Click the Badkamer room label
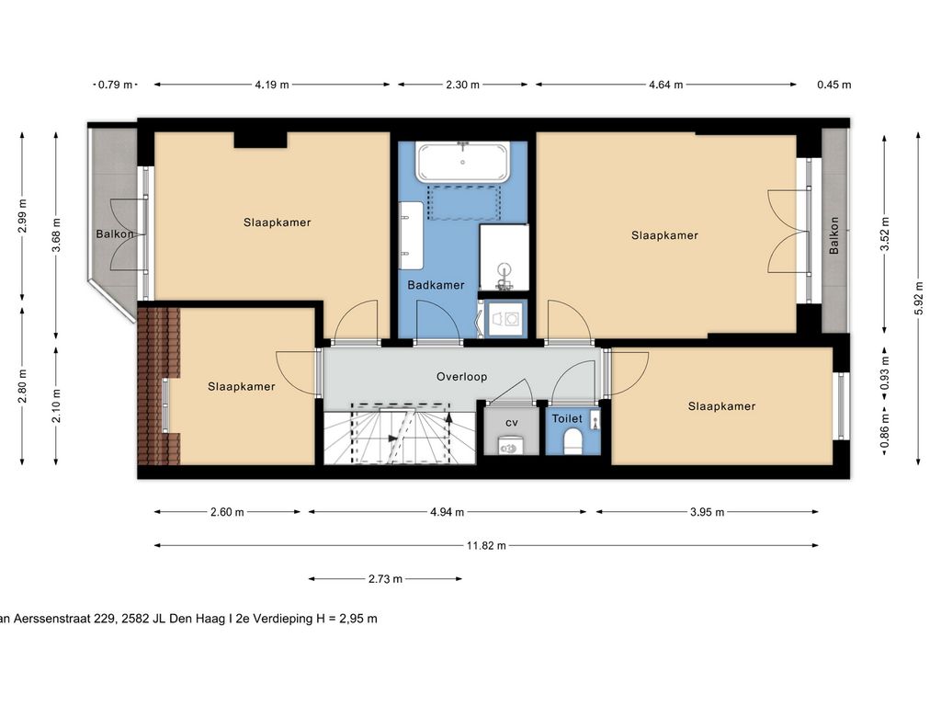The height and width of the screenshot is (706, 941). click(436, 285)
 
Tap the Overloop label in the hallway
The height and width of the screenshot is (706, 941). click(461, 377)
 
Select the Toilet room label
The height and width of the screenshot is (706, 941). click(567, 418)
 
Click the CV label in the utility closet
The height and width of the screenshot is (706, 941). click(512, 422)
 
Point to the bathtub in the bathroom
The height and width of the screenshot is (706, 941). click(463, 162)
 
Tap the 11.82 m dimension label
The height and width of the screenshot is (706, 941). click(486, 545)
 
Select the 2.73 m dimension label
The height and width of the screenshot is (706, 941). click(385, 579)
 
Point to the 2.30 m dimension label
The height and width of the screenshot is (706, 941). click(462, 85)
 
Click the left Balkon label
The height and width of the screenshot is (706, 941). click(115, 234)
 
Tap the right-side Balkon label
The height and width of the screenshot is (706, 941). click(834, 235)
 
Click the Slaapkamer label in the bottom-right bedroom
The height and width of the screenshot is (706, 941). click(721, 406)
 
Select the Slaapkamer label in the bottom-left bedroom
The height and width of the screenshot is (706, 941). click(241, 387)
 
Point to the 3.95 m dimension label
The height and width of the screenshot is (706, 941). click(707, 512)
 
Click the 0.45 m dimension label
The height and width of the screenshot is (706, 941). click(833, 85)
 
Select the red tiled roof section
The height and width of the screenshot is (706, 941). click(159, 386)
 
